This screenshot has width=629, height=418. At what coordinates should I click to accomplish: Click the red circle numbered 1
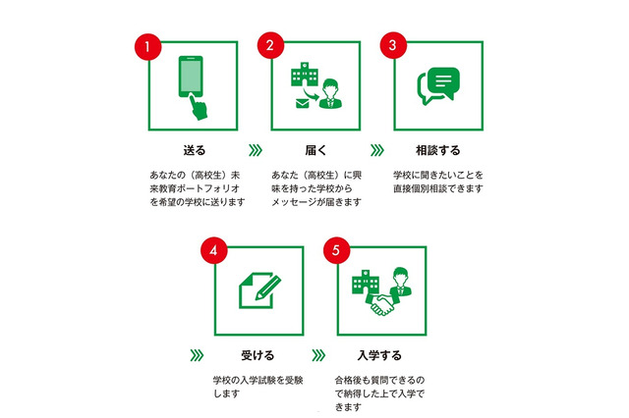(145, 46)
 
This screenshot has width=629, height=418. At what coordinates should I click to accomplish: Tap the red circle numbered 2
(269, 46)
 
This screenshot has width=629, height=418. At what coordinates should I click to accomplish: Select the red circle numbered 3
(391, 46)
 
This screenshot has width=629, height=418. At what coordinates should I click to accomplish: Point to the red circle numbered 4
(211, 251)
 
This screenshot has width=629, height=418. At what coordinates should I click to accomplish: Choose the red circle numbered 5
(334, 251)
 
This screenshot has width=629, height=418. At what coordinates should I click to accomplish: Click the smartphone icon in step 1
(193, 84)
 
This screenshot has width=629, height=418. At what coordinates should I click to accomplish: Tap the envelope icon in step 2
(300, 102)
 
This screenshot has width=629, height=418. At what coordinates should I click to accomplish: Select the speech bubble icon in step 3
(437, 86)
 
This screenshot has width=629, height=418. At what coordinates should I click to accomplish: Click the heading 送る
(195, 151)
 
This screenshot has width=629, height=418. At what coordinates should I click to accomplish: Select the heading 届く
(316, 151)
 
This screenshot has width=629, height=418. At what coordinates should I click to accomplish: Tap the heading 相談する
(437, 151)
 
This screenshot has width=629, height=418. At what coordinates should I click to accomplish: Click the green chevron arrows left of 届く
(256, 151)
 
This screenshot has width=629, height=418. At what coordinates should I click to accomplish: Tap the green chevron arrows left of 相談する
(376, 151)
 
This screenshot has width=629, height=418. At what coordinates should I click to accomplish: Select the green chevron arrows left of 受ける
(195, 354)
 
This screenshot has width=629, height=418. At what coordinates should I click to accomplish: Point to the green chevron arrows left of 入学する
(317, 354)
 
